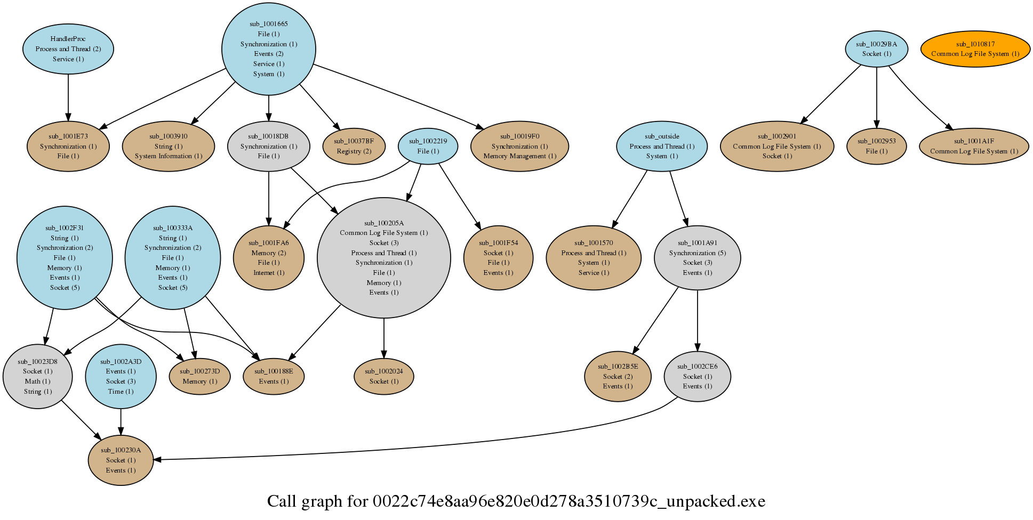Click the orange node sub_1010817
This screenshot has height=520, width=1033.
tap(975, 49)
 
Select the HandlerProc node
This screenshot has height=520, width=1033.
tap(68, 49)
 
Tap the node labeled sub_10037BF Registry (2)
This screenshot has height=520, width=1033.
tap(354, 146)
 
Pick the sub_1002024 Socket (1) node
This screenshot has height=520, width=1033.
tap(384, 376)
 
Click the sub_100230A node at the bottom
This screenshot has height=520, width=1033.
tap(121, 460)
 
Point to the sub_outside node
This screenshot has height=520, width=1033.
tap(662, 146)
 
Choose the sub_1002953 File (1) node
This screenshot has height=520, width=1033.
tap(877, 146)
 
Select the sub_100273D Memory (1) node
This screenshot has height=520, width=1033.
tap(200, 376)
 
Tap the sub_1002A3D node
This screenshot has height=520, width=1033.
tap(121, 376)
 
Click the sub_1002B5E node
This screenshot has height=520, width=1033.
tap(618, 376)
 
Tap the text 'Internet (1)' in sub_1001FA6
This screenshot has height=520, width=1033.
tap(269, 273)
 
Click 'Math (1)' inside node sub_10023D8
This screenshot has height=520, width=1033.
tap(37, 381)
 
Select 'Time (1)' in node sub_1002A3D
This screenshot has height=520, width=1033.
tap(121, 392)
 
